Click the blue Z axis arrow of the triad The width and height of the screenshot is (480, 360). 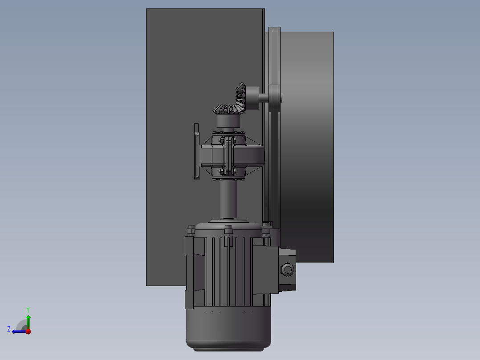tap(17, 331)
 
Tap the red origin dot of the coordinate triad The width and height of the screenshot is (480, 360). tap(28, 331)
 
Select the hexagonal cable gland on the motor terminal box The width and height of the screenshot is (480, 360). tap(288, 269)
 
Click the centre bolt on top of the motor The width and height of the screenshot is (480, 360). tap(228, 230)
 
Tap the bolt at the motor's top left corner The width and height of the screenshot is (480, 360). tap(191, 230)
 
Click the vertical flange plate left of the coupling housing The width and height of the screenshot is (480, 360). tap(196, 151)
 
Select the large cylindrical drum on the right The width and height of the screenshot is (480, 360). tap(307, 147)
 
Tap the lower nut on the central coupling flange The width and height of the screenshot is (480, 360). tap(228, 170)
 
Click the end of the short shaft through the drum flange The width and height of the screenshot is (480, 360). tap(281, 98)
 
